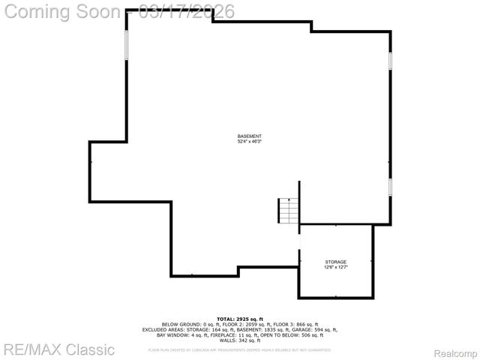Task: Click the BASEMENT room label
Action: click(250, 136)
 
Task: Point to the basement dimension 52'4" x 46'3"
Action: click(250, 141)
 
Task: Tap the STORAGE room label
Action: click(335, 262)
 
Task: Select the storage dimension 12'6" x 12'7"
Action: click(335, 267)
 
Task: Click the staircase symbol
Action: click(289, 211)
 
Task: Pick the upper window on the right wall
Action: click(390, 61)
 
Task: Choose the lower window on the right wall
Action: click(390, 187)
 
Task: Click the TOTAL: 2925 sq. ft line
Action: click(239, 319)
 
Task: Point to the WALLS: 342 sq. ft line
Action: click(239, 340)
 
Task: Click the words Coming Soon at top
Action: click(63, 12)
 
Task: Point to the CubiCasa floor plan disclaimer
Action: click(239, 349)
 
